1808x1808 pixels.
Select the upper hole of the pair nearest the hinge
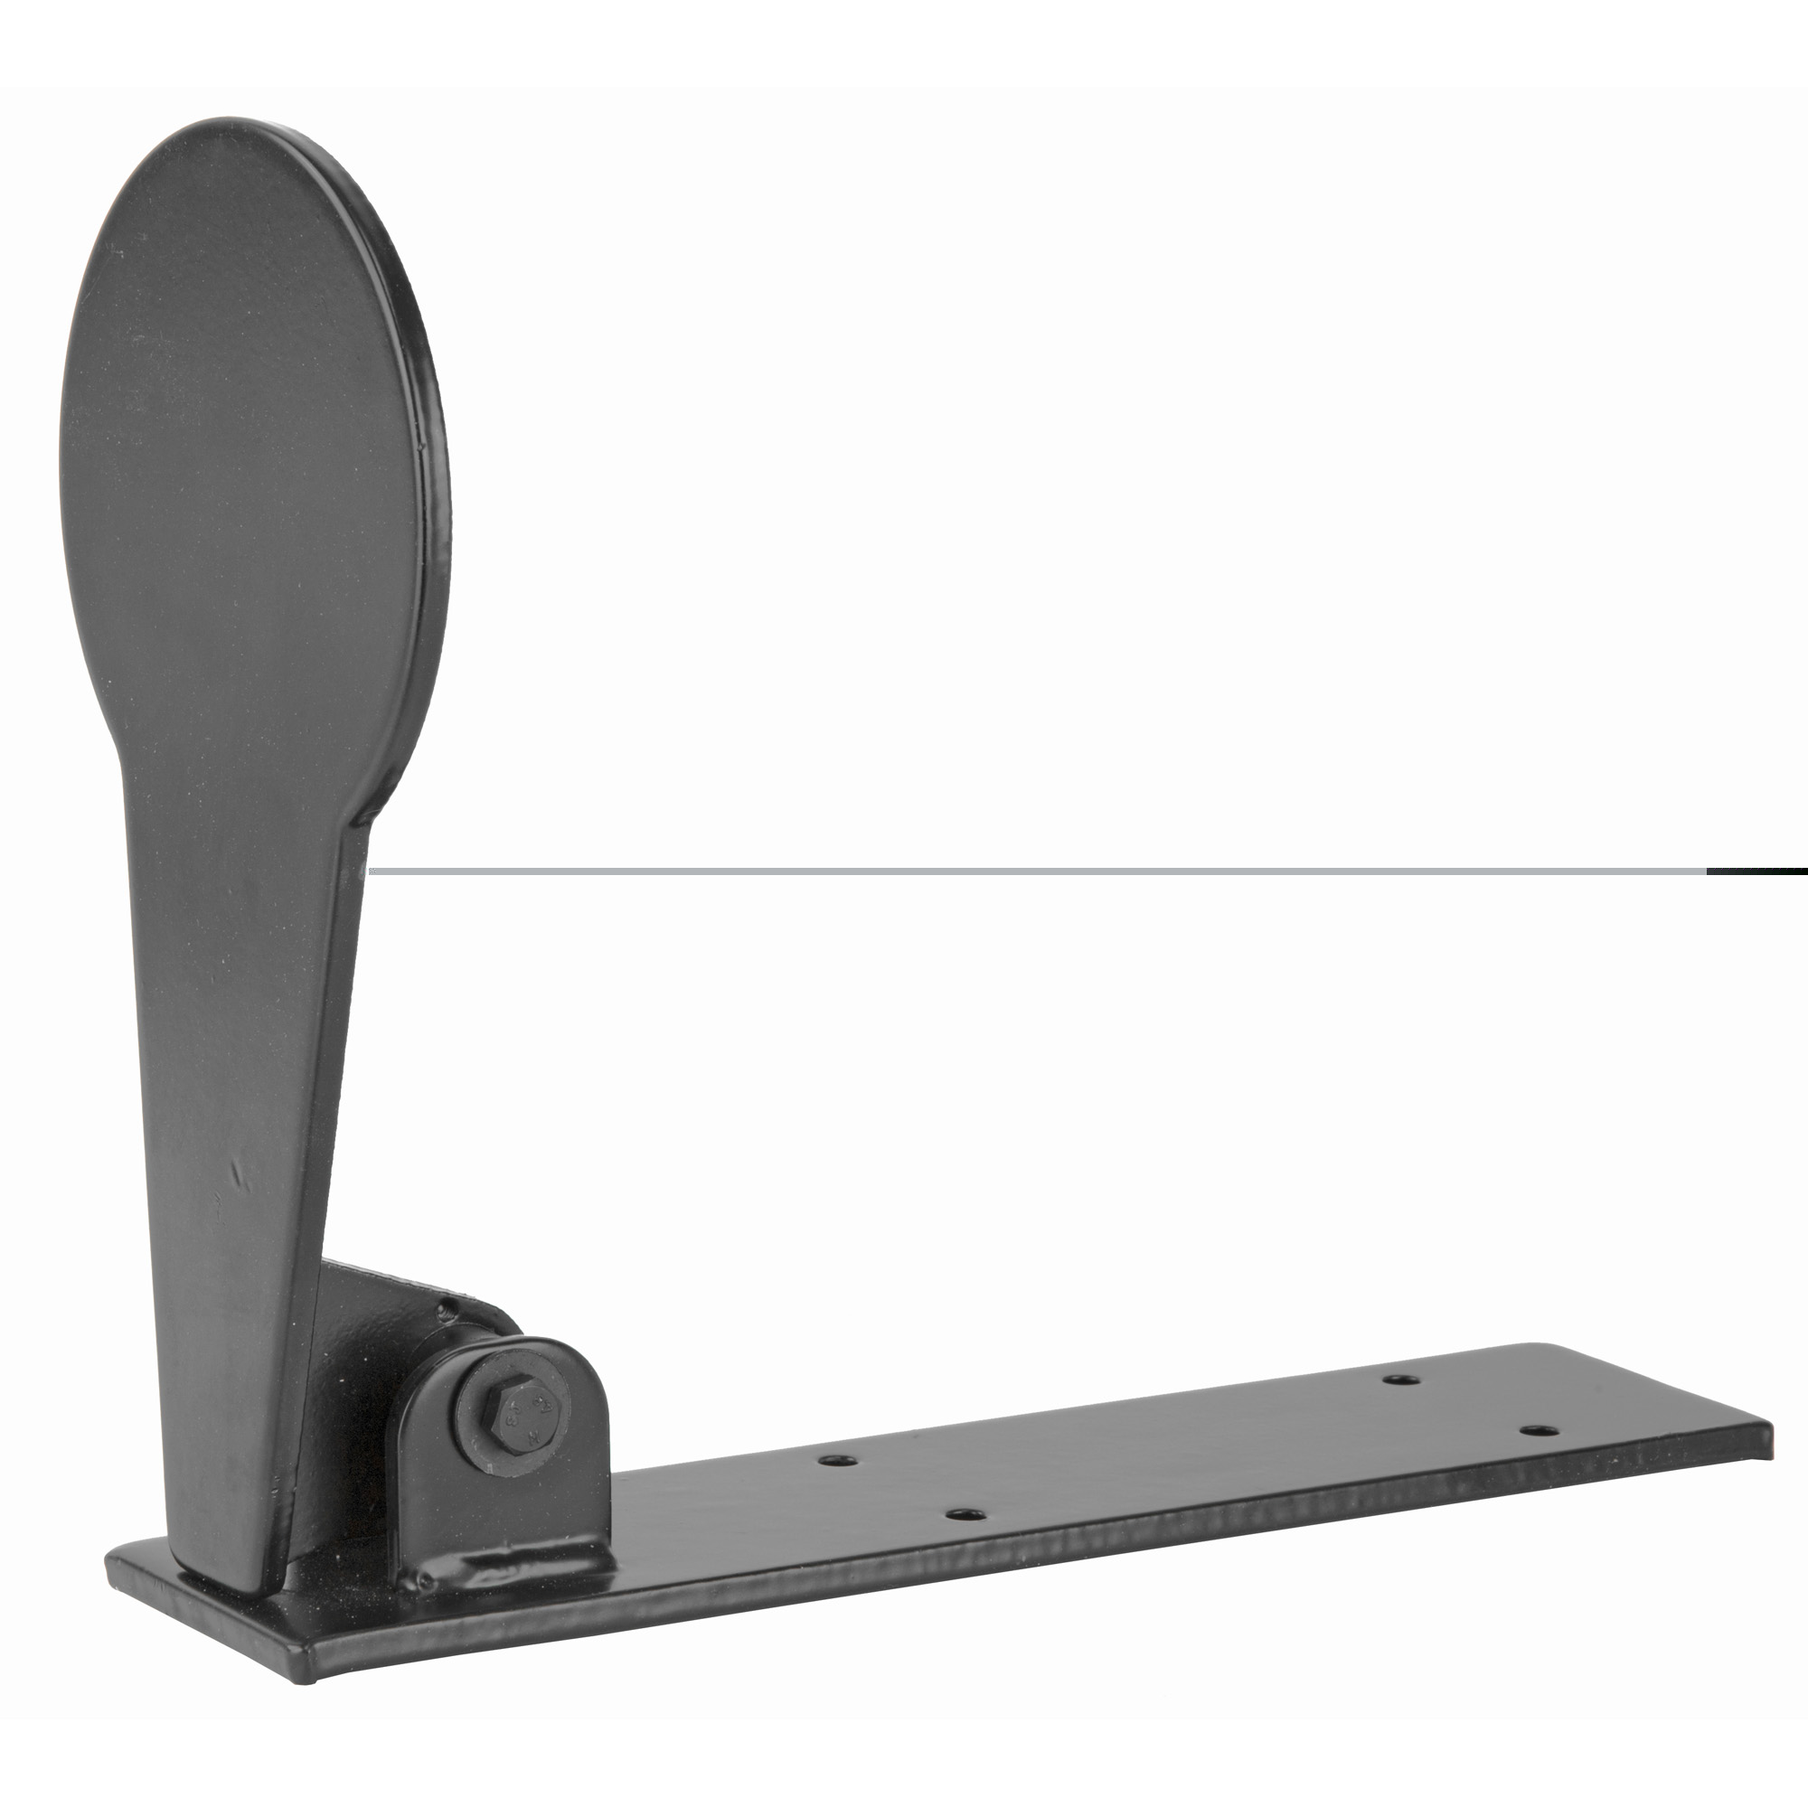coord(840,1459)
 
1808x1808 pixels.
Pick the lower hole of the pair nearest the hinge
coord(965,1512)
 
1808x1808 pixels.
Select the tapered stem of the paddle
coord(253,1076)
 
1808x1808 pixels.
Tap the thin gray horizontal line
coord(1030,871)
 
